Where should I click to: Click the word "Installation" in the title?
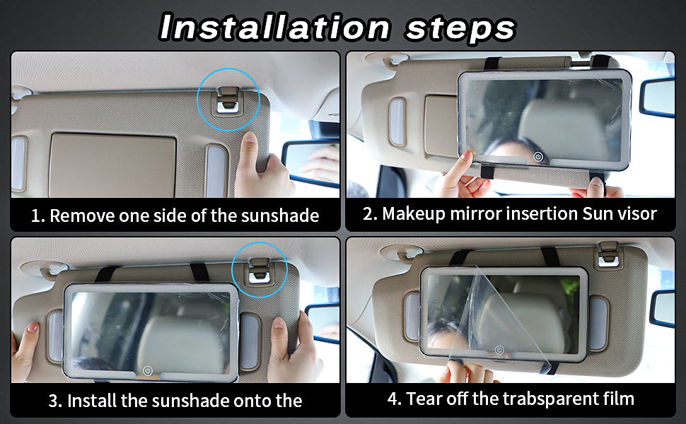coord(274,27)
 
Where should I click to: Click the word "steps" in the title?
coord(461,29)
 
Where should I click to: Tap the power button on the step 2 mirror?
coord(538,157)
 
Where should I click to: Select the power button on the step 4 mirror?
coord(499,350)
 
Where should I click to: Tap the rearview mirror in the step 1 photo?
coord(310,163)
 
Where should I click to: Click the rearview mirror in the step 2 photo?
coord(657,97)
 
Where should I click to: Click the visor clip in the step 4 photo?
coord(609,255)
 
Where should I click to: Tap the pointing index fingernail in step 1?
coord(250,137)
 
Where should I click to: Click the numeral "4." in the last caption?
coord(394,399)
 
